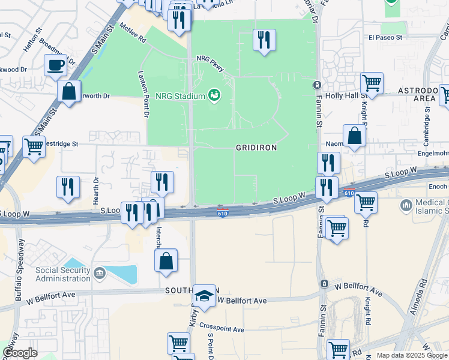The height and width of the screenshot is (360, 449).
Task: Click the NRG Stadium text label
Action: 179,95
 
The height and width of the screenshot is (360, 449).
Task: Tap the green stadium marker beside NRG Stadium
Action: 213,95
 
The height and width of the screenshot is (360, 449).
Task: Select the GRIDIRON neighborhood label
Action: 256,148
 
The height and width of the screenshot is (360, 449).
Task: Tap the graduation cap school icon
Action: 204,296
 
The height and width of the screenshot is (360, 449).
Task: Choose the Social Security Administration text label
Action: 62,274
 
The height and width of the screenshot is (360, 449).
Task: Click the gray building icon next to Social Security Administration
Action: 99,274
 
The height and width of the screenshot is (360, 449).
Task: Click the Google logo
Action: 20,353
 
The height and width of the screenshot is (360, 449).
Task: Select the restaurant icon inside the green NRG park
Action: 264,40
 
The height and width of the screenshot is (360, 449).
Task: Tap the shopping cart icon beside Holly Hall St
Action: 372,83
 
